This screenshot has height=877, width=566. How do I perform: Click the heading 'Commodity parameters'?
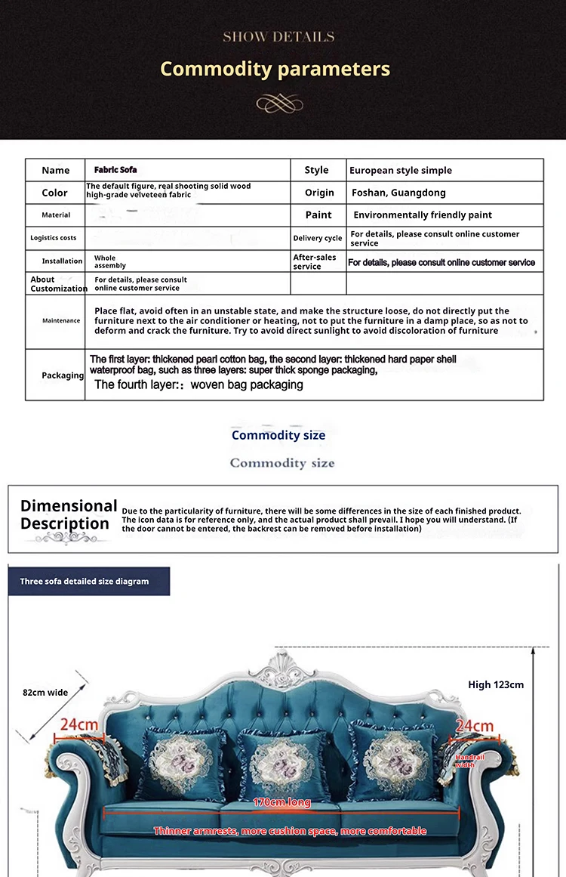pyautogui.click(x=275, y=69)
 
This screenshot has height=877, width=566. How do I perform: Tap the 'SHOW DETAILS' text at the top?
pyautogui.click(x=278, y=36)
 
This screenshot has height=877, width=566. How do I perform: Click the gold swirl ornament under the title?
pyautogui.click(x=279, y=103)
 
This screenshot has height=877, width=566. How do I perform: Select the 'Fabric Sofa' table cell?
pyautogui.click(x=115, y=170)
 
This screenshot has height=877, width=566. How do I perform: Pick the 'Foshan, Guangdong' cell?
pyautogui.click(x=398, y=193)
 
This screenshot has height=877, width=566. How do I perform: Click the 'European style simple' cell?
pyautogui.click(x=401, y=171)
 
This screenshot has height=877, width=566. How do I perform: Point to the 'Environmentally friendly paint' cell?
pyautogui.click(x=423, y=215)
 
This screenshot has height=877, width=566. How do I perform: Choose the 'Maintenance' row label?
pyautogui.click(x=61, y=321)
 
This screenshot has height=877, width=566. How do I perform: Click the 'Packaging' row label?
pyautogui.click(x=63, y=375)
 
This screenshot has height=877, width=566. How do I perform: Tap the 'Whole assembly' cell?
pyautogui.click(x=110, y=261)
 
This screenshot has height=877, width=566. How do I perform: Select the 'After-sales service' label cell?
pyautogui.click(x=315, y=261)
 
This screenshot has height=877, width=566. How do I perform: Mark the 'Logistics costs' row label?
pyautogui.click(x=54, y=238)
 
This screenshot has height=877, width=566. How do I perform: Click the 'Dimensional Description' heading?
pyautogui.click(x=69, y=514)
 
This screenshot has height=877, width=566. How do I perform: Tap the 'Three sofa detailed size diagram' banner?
pyautogui.click(x=85, y=582)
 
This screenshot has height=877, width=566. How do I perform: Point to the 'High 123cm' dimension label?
pyautogui.click(x=496, y=685)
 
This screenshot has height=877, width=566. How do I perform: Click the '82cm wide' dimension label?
pyautogui.click(x=45, y=693)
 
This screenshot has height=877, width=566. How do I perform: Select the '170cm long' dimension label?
pyautogui.click(x=281, y=802)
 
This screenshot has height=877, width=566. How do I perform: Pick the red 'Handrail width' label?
pyautogui.click(x=469, y=761)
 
